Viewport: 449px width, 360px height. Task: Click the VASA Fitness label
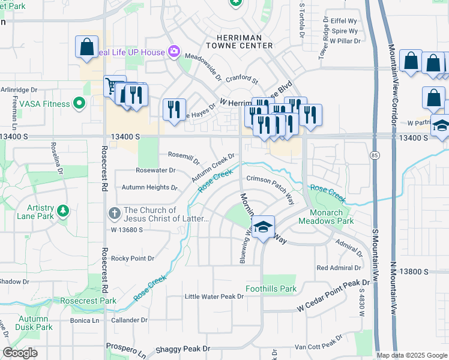[x=44, y=104]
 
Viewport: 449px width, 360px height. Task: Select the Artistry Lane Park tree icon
[x=62, y=211]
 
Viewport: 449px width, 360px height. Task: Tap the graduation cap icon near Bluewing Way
[x=263, y=227]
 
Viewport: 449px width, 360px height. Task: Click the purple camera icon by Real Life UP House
[x=173, y=52]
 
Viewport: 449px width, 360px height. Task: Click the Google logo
[x=20, y=353]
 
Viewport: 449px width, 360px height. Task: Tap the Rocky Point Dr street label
[x=133, y=259]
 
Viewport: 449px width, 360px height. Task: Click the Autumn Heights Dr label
[x=149, y=187]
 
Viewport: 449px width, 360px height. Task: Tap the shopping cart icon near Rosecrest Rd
[x=112, y=85]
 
